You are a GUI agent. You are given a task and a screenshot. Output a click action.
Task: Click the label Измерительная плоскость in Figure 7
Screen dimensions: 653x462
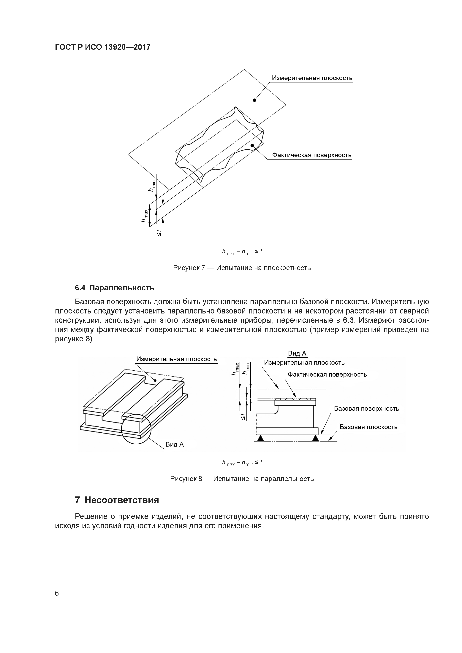coord(312,78)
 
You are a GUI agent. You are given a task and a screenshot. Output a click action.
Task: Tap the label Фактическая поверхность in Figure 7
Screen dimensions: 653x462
coord(312,155)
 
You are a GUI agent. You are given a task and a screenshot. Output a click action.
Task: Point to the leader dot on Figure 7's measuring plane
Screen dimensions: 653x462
coord(254,100)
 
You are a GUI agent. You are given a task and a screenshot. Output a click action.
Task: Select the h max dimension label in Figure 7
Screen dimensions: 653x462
coord(145,216)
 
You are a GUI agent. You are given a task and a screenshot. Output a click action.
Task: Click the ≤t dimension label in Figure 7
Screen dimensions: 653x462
coord(159,233)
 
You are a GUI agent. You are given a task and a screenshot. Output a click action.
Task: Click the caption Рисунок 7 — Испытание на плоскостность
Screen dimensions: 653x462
coord(242,268)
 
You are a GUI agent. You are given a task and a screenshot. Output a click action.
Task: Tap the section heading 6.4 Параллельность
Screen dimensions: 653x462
coord(114,288)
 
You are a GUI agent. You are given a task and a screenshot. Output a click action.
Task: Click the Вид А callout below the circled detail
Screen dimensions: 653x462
coord(175,445)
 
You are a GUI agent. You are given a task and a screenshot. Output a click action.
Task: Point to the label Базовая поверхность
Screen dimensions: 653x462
coord(366,409)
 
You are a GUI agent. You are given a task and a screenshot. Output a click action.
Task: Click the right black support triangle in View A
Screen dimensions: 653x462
coord(315,439)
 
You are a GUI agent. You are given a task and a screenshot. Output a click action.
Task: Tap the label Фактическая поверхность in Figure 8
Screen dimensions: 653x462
coord(327,375)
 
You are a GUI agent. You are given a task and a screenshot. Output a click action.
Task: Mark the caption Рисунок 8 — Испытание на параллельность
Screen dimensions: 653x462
coord(242,479)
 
